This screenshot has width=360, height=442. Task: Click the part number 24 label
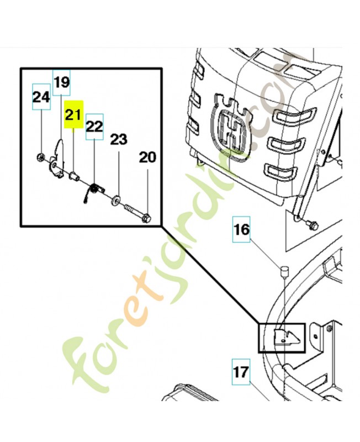tap(41, 97)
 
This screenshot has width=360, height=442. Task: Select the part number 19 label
tap(62, 82)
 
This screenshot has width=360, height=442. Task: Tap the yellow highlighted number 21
tap(74, 114)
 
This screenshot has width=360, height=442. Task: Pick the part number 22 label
tap(94, 127)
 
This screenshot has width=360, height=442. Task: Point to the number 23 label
tap(119, 139)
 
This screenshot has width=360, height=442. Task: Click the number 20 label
tap(147, 157)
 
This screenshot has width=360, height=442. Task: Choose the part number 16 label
tap(242, 229)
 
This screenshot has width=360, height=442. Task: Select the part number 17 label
tap(241, 372)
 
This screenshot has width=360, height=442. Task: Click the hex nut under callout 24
tap(40, 157)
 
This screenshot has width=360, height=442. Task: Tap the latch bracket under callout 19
tap(57, 159)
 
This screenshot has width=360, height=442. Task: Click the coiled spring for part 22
tap(94, 189)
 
